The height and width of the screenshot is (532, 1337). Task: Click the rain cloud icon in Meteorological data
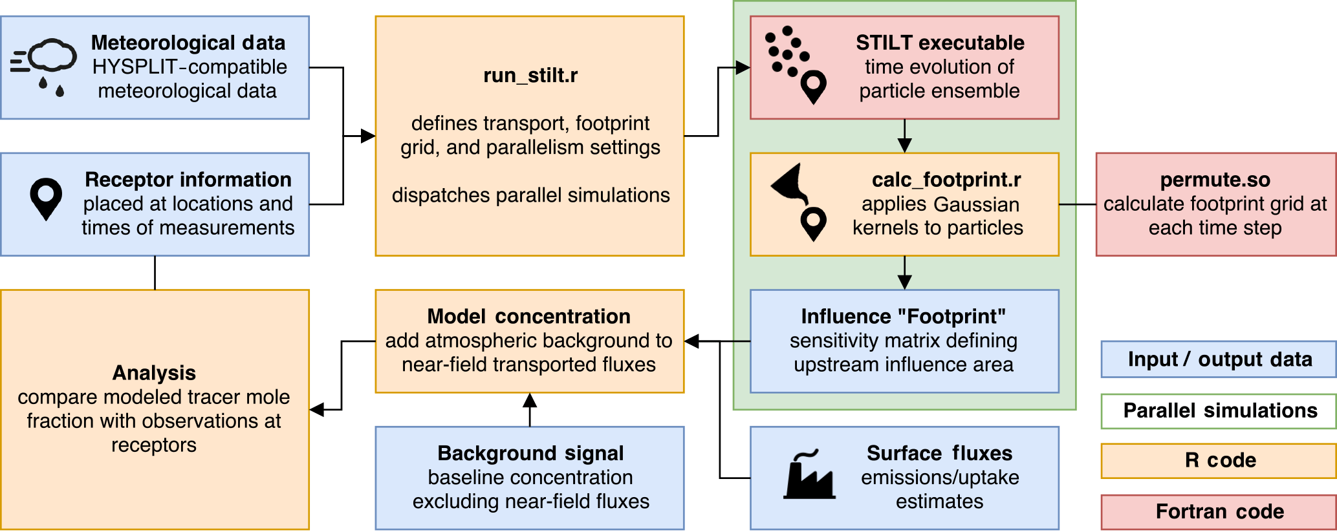43,67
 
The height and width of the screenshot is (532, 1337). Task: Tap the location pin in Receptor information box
46,199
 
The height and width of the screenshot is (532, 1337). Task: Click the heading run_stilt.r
530,76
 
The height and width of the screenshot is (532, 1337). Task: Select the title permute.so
1215,180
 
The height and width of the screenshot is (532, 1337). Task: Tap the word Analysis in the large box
154,373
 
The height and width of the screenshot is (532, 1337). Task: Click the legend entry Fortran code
1219,511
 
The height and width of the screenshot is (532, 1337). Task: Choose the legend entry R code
1219,460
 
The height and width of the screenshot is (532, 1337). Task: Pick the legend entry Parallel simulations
1219,411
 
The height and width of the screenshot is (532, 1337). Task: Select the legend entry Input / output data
1219,359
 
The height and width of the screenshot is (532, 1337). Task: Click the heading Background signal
530,453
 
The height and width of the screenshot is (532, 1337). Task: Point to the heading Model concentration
528,316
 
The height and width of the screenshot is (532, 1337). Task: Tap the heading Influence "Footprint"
903,316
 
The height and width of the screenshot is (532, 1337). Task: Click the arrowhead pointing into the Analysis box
316,410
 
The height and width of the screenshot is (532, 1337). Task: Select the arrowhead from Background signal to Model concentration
530,399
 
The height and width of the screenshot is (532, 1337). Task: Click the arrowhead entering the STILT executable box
743,67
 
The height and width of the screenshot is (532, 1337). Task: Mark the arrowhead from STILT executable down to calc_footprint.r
904,145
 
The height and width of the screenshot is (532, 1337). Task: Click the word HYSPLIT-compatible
190,67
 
